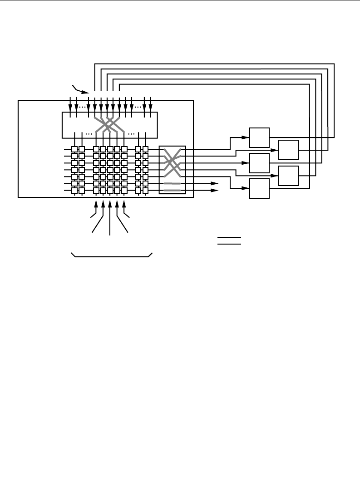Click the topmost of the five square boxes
[x=259, y=138]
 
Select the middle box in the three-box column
[x=259, y=163]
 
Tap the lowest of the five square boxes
[x=259, y=188]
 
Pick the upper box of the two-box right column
[x=288, y=150]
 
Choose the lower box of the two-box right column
[x=288, y=176]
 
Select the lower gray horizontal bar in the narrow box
[x=172, y=190]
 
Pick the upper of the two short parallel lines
[x=228, y=237]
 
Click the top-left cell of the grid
[x=74, y=149]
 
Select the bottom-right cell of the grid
[x=145, y=191]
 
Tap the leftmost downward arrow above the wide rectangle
[x=70, y=107]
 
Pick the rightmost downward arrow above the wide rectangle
[x=150, y=107]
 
